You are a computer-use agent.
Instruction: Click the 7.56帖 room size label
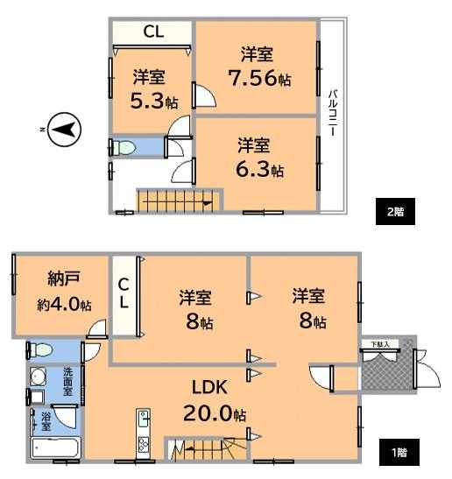coord(259,78)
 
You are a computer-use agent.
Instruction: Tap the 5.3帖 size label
coord(154,101)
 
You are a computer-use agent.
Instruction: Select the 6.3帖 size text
coord(260,169)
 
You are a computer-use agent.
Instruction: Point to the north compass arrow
coord(65,130)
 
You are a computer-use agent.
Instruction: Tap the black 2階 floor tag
coord(395,211)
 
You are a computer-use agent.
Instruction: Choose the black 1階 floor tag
coord(399,453)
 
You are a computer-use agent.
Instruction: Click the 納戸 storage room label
coord(64,278)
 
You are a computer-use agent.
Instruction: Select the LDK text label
coord(209,387)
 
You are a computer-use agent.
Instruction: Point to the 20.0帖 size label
coord(215,414)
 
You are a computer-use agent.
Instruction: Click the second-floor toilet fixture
coord(124,148)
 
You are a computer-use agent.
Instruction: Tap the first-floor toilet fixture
coord(40,350)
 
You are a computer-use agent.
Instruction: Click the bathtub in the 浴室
coord(56,447)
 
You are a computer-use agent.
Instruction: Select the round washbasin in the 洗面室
coord(39,377)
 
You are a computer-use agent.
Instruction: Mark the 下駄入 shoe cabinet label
coord(380,344)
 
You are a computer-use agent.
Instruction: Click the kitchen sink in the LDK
coord(144,419)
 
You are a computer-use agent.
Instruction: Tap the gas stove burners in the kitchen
coord(143,445)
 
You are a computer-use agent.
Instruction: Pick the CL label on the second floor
coord(153,32)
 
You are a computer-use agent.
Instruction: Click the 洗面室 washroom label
coord(68,381)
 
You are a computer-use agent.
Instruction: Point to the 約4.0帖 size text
coord(64,304)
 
